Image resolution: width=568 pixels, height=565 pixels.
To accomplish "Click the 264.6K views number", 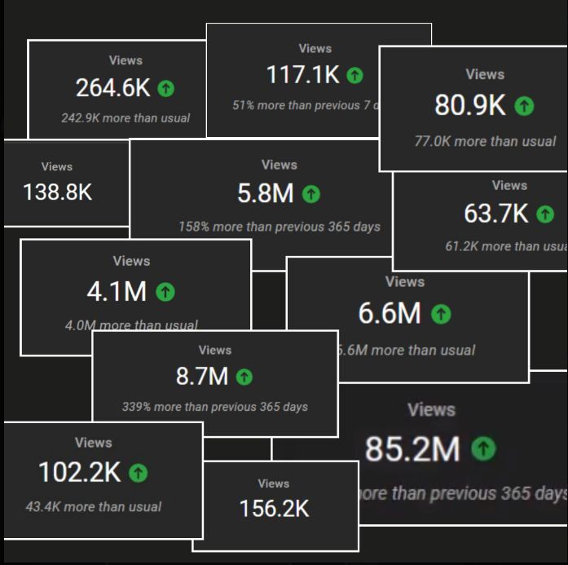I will pos(113,88).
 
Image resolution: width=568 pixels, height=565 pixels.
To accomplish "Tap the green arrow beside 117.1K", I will pos(354,75).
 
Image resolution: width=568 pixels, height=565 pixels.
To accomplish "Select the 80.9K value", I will pos(470,105).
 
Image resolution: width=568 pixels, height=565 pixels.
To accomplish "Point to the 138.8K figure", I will pos(58,192).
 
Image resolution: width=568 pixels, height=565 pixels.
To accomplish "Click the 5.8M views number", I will pos(266,193).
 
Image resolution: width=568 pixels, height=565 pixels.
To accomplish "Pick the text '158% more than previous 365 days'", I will pos(280,227).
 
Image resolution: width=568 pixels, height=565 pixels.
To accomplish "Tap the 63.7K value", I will pos(496,214).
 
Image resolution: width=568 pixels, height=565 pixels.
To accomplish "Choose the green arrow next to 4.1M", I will pos(165,291).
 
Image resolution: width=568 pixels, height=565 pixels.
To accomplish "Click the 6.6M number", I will pos(390,313).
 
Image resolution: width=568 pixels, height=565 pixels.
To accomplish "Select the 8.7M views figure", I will pos(202,376).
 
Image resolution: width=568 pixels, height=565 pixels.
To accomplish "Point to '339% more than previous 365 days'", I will pos(215,406).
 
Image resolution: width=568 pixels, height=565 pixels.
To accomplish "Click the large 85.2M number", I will pos(412,449).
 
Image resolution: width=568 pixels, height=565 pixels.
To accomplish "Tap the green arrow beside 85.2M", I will pos(484,448).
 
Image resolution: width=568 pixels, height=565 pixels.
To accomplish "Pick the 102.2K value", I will pos(79,472).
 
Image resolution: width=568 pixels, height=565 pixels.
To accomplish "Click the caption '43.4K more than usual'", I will pos(94,506).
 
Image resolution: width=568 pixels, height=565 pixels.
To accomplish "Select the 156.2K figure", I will pos(274,509).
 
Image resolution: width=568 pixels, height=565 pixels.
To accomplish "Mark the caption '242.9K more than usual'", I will pos(125,117).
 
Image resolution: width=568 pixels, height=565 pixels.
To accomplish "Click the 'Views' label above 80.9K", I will pos(485,74).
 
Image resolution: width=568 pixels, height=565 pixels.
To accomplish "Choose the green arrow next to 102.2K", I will pos(139,472).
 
